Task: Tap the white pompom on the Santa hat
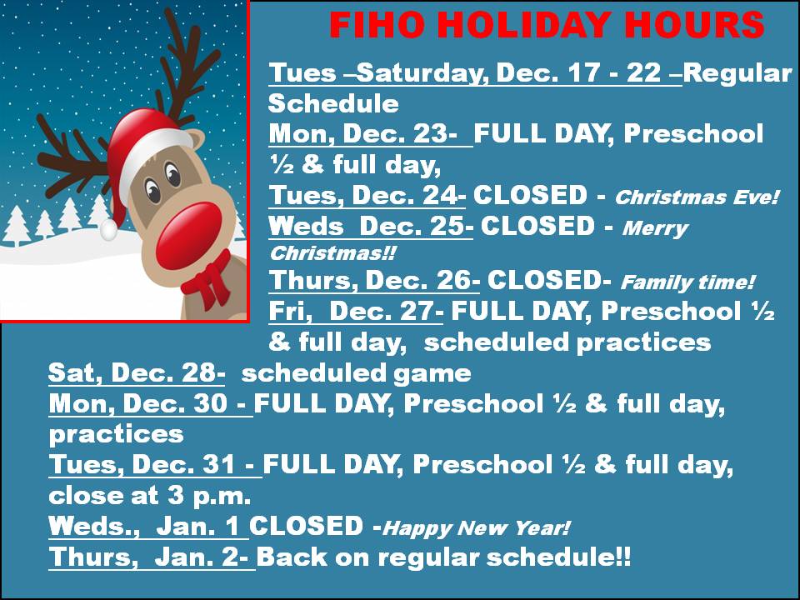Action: coord(108,229)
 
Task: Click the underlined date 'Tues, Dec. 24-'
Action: coord(367,195)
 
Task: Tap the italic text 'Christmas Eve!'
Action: coord(697,197)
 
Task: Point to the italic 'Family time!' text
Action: coord(687,282)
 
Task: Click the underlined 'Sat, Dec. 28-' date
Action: coord(136,372)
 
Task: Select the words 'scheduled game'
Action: coord(356,373)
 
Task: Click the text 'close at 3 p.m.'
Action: coord(150,495)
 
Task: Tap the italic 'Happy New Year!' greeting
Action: coord(476,527)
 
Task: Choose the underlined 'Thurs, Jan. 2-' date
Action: coord(152,556)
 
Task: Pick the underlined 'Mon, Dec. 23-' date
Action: coord(370,133)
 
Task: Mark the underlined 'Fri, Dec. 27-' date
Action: coord(356,311)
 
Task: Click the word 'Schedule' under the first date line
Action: coord(333,103)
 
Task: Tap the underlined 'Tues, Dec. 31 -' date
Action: coord(155,464)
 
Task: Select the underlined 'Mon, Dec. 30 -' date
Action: coord(151,403)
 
